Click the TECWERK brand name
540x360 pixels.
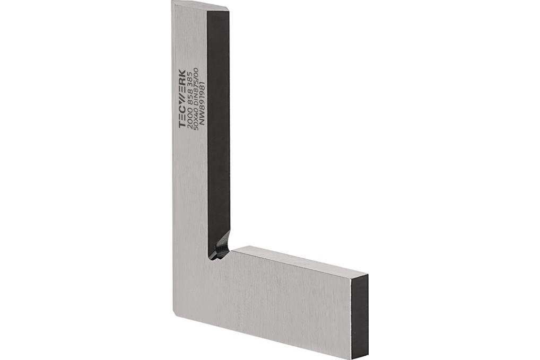(182, 99)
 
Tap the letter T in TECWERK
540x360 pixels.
(182, 125)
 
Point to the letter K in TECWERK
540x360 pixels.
(182, 73)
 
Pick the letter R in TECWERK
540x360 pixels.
(182, 82)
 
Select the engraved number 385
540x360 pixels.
(190, 80)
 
